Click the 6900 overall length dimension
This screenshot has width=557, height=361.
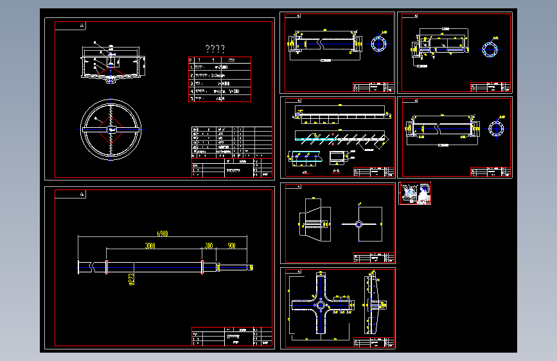pos(163,234)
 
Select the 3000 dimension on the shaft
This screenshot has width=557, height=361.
pos(150,246)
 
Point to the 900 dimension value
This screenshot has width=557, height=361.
pos(231,246)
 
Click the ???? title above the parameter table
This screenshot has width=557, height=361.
pos(215,49)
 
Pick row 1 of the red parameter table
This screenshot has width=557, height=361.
pos(219,67)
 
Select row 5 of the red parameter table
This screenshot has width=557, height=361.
pos(219,99)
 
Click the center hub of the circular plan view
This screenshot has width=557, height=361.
pos(111,129)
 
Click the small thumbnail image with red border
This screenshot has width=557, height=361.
pos(414,193)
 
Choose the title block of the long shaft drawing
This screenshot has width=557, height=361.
pos(231,337)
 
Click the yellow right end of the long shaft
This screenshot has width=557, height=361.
pos(251,267)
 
